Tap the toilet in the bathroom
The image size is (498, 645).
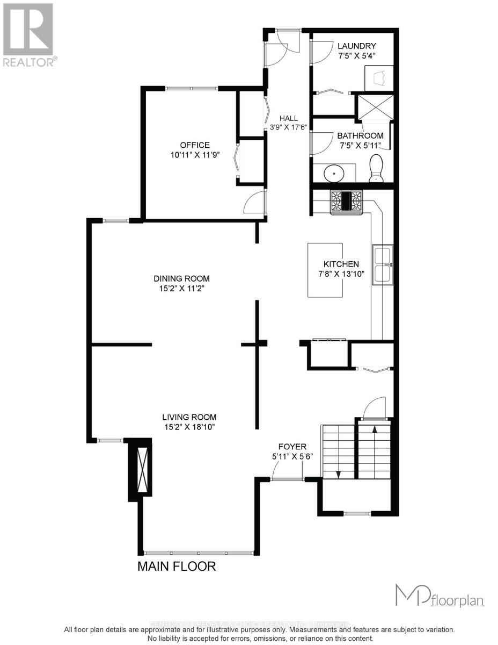pyautogui.click(x=377, y=168)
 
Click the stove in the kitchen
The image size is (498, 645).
pyautogui.click(x=347, y=202)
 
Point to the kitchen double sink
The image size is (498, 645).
pyautogui.click(x=383, y=263)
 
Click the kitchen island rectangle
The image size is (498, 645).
pyautogui.click(x=326, y=270)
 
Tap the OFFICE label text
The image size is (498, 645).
pyautogui.click(x=194, y=145)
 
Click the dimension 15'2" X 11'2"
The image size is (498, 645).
pyautogui.click(x=181, y=288)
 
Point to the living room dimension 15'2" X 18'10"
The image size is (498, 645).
pyautogui.click(x=189, y=427)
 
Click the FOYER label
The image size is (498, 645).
pyautogui.click(x=292, y=446)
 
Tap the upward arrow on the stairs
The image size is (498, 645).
pyautogui.click(x=375, y=428)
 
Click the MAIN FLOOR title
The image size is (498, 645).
pyautogui.click(x=177, y=566)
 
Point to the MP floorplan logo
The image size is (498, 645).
pyautogui.click(x=440, y=596)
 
